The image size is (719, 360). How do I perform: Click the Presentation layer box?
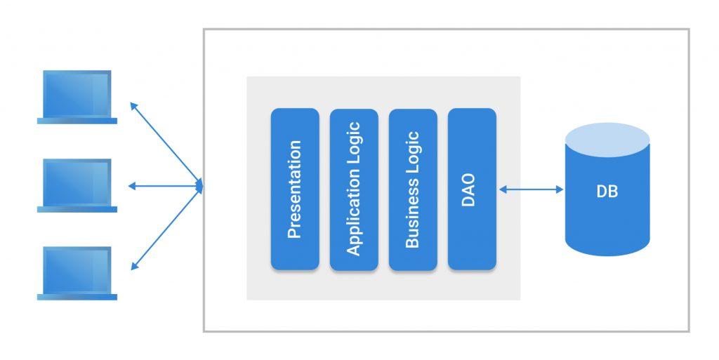pyautogui.click(x=295, y=189)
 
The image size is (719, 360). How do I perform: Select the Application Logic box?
pyautogui.click(x=354, y=189)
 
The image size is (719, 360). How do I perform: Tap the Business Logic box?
pyautogui.click(x=413, y=189)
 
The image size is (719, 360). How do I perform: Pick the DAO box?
pyautogui.click(x=472, y=189)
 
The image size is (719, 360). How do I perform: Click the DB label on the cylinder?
pyautogui.click(x=607, y=192)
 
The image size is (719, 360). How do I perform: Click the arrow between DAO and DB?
pyautogui.click(x=531, y=189)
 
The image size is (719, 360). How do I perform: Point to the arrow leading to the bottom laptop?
pyautogui.click(x=166, y=227)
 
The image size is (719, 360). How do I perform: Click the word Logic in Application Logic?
pyautogui.click(x=354, y=151)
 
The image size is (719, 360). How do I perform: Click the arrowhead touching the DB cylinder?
pyautogui.click(x=560, y=189)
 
